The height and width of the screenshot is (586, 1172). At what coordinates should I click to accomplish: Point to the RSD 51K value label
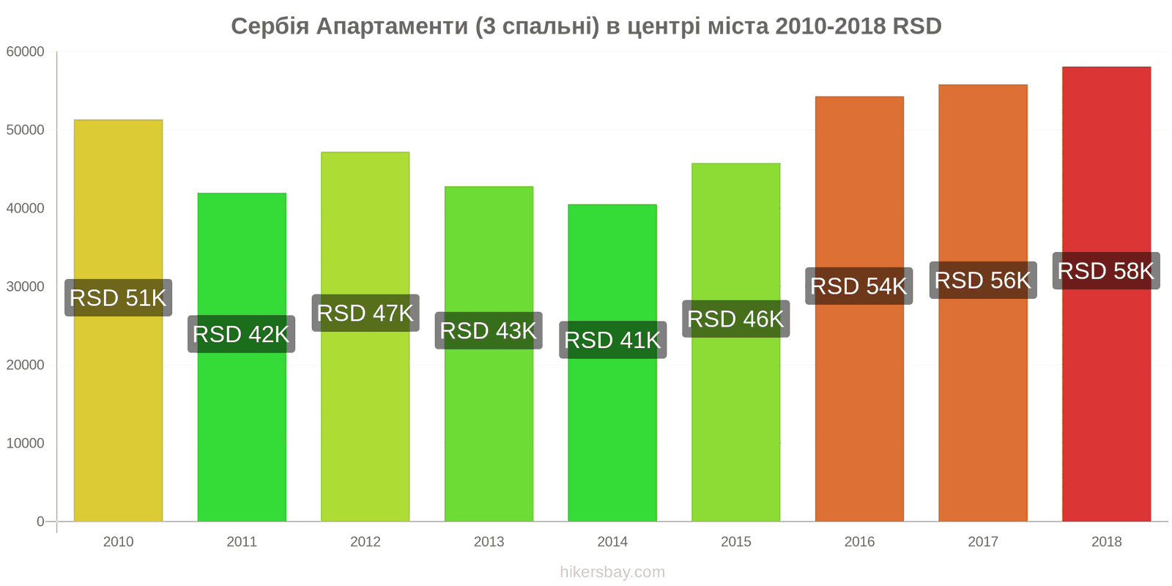tap(118, 298)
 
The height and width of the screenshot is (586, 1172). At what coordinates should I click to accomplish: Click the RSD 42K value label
tap(241, 334)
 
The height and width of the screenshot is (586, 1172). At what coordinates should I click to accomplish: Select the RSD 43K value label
tap(489, 330)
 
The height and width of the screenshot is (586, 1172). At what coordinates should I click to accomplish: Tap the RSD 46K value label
tap(735, 319)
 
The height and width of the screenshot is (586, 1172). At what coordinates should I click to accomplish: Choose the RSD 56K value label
tap(983, 280)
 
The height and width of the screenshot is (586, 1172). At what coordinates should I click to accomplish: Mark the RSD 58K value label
tap(1106, 271)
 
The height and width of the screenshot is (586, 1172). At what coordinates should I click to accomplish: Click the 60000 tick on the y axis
tap(26, 52)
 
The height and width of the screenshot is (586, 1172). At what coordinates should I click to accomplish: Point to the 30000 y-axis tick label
tap(26, 287)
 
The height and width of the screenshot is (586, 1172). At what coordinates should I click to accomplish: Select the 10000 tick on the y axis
tap(26, 443)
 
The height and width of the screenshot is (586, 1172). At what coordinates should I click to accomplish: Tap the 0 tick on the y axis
tap(40, 522)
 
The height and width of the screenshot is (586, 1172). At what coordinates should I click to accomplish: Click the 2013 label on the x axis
tap(489, 542)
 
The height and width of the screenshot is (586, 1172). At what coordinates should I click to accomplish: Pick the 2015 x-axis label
tap(735, 542)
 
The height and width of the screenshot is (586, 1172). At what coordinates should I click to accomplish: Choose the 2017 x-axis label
tap(983, 542)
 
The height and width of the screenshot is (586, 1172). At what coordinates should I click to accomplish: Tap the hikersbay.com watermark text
tap(612, 572)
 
